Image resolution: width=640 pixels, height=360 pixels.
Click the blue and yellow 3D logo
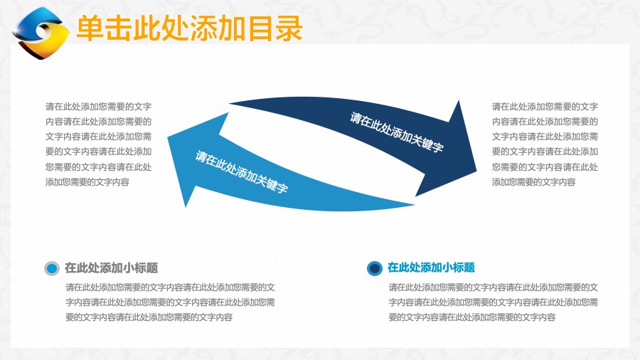coord(40,33)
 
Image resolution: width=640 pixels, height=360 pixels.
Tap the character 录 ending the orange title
coord(289,28)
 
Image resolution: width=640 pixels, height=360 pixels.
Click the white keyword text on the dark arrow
coord(396,132)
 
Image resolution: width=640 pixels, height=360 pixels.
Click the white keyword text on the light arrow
coord(242,171)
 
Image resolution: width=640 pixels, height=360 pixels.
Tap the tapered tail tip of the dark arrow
coord(230,104)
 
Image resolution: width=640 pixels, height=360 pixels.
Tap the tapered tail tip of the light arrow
coord(413,205)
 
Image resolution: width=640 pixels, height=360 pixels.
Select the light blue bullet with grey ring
coord(52,268)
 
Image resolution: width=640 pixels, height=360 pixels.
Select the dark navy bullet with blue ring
coord(374,268)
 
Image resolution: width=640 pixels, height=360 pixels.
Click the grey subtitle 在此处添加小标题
coord(112,268)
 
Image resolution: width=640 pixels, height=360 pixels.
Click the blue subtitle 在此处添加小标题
coord(431,268)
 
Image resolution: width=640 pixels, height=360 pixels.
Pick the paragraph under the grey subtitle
coord(170,302)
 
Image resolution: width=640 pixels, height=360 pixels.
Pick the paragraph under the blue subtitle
coord(493,302)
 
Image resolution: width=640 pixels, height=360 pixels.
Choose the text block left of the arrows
coord(98,144)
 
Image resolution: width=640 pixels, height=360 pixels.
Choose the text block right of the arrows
coord(545,144)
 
